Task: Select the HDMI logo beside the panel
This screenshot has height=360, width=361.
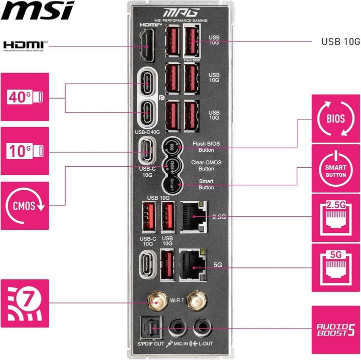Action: [25, 46]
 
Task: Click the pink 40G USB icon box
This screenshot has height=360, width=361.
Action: [25, 97]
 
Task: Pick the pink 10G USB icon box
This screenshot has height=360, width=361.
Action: [25, 151]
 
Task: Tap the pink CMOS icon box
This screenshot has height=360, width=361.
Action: [25, 206]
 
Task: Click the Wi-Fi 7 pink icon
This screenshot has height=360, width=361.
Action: [25, 302]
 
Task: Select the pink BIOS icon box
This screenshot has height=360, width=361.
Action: [336, 119]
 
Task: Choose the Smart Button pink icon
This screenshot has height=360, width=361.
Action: [336, 169]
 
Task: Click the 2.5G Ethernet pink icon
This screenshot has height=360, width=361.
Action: [336, 218]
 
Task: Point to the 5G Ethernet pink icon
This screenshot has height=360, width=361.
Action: [336, 268]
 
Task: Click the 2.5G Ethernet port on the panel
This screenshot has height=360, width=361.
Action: [194, 216]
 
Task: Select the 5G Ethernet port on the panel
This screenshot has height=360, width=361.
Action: [194, 265]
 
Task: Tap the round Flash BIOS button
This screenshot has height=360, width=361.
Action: [172, 147]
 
